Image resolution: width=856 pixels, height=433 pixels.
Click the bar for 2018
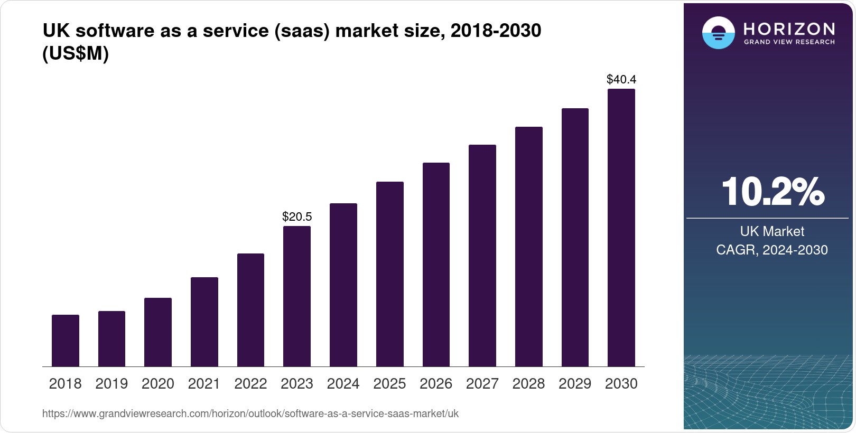pos(66,341)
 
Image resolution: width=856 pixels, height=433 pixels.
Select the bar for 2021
pos(204,322)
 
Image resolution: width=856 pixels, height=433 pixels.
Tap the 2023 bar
pos(297,296)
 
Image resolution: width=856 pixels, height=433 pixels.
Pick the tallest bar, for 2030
pos(621,228)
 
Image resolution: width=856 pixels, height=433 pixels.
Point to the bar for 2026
pos(436,265)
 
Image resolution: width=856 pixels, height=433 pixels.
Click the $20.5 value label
pos(297,216)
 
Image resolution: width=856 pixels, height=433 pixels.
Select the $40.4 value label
pos(621,79)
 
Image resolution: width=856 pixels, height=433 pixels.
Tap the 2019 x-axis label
pos(111,383)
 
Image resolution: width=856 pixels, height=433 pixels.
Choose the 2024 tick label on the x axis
pos(343,383)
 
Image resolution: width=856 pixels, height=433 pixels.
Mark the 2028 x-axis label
pos(528,383)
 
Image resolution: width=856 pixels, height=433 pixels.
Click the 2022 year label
pos(250,383)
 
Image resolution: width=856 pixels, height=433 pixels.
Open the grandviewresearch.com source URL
pos(250,413)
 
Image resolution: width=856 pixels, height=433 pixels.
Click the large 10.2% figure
pos(773,192)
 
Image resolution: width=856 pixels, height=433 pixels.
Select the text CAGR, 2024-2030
pos(772,250)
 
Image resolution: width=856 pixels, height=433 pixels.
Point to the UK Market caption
pos(772,231)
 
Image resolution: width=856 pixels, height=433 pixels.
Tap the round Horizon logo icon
pos(718,33)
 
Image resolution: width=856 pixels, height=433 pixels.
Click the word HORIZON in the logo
pos(789,29)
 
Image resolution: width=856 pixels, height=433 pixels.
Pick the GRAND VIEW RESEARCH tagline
pos(789,42)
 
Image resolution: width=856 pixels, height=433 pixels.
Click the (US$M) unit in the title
pos(76,53)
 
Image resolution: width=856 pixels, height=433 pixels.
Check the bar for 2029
pos(575,237)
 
